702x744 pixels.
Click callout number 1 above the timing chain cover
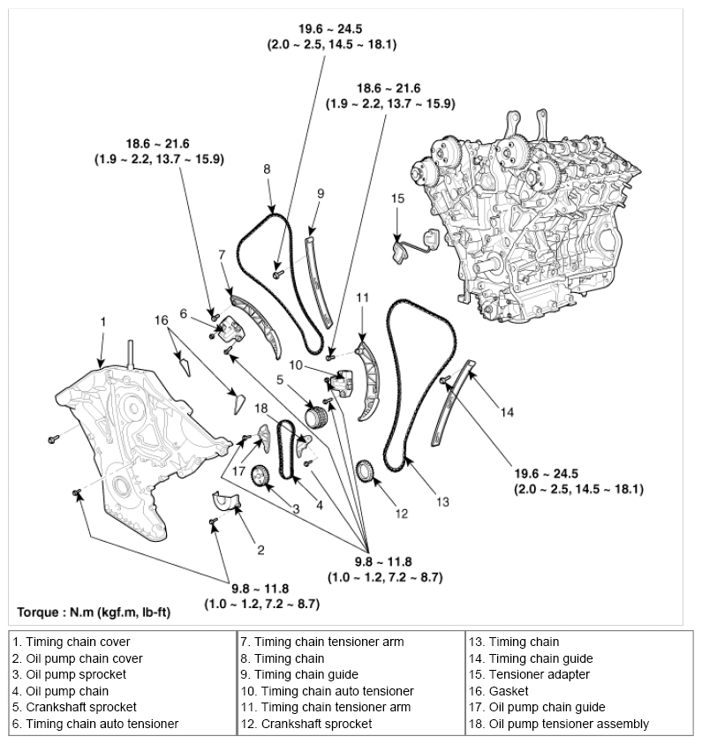102,322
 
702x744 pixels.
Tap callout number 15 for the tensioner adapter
397,199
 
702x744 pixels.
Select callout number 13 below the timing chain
442,501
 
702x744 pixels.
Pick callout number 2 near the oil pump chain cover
260,550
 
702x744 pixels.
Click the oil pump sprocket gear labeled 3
260,477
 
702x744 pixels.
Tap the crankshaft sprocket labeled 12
366,471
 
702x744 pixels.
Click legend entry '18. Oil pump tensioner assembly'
559,724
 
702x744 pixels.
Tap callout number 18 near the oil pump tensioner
260,407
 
